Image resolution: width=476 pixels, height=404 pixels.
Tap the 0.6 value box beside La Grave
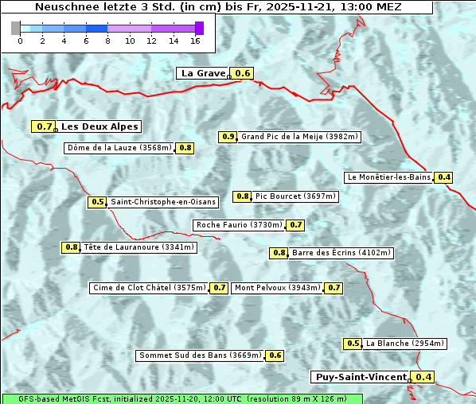coord(243,73)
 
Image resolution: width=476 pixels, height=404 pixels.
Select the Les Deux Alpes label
coord(99,126)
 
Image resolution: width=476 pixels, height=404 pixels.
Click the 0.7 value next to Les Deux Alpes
coord(45,126)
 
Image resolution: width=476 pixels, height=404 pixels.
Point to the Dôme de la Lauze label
coord(119,148)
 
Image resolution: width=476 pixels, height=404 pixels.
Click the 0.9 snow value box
coord(228,137)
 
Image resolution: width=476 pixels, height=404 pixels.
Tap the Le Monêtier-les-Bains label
coord(389,177)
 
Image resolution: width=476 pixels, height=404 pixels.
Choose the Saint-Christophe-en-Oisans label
coord(163,202)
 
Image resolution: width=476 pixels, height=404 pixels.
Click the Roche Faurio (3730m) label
coord(239,225)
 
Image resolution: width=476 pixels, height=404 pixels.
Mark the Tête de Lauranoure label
coord(139,247)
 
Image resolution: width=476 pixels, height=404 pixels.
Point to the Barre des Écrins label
coord(341,253)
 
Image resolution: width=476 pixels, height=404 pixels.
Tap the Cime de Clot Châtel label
coord(149,288)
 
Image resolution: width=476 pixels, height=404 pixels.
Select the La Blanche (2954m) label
coord(404,344)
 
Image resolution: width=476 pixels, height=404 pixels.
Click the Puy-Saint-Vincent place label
coord(360,377)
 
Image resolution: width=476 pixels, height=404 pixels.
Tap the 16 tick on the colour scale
coord(196,40)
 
